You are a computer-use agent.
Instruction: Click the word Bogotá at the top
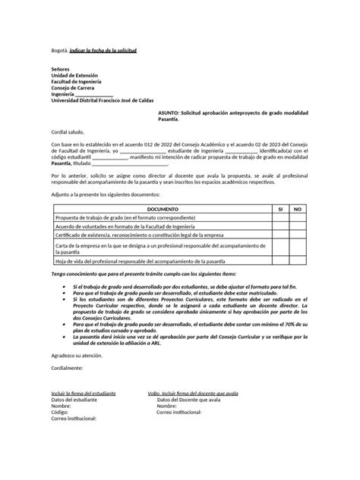(60, 49)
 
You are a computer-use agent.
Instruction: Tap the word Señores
(62, 69)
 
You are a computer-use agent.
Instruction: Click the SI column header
(279, 208)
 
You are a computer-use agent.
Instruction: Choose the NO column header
(298, 208)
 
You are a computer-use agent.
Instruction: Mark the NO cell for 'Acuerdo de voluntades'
(298, 226)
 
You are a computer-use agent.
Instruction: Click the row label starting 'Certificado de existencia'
(134, 235)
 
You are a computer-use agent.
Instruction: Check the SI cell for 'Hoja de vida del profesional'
(279, 261)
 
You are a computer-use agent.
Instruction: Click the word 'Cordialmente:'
(67, 368)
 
